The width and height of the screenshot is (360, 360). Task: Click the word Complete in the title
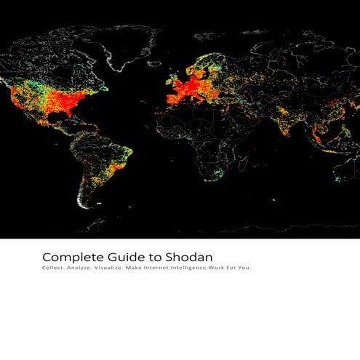click(67, 257)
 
